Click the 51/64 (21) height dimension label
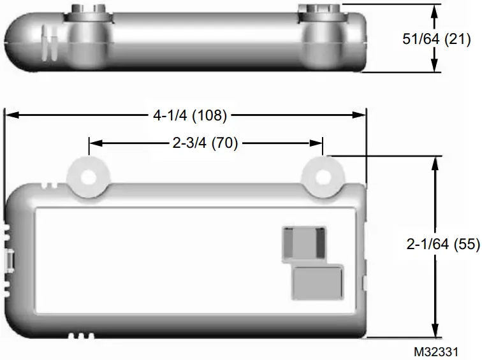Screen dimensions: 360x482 pyautogui.click(x=436, y=39)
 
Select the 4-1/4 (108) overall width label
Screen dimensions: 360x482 pyautogui.click(x=189, y=115)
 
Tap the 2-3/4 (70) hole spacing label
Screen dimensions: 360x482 pyautogui.click(x=205, y=143)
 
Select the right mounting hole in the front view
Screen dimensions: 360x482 pyautogui.click(x=323, y=177)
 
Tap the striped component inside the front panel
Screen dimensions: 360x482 pyautogui.click(x=303, y=243)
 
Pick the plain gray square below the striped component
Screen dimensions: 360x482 pyautogui.click(x=317, y=283)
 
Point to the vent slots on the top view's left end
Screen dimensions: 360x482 pyautogui.click(x=48, y=42)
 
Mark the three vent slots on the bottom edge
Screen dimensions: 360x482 pyautogui.click(x=81, y=335)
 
